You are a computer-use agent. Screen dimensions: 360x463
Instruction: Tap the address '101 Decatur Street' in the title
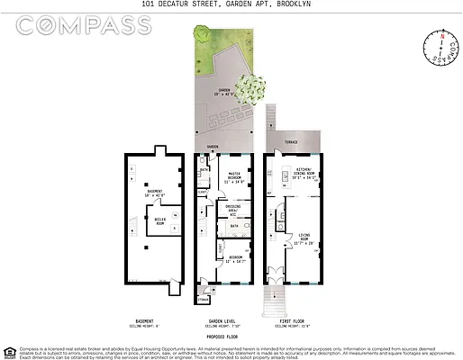pyautogui.click(x=180, y=4)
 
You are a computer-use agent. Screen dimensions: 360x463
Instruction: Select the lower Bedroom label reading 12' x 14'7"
pyautogui.click(x=235, y=258)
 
